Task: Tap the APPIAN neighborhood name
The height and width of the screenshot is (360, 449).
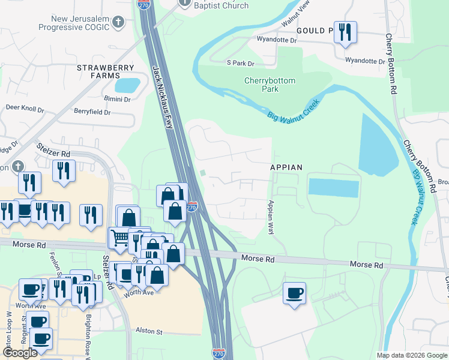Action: tap(286, 167)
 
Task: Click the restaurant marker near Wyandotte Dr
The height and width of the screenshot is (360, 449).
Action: tap(345, 31)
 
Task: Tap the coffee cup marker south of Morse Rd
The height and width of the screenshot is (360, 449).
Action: tap(294, 293)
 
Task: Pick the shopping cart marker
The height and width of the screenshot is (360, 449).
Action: tap(119, 238)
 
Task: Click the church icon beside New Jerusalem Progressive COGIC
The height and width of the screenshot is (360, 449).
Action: tap(119, 22)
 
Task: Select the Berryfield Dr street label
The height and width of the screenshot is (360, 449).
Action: tap(92, 112)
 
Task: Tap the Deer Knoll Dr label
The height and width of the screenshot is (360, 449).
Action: tap(25, 109)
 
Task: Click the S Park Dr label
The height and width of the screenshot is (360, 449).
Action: tap(240, 63)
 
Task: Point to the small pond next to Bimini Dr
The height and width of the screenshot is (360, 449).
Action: tap(127, 85)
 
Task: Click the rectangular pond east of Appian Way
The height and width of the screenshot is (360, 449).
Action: tap(333, 187)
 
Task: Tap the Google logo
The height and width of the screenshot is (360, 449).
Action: tap(20, 353)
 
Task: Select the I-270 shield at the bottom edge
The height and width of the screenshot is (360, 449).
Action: tap(220, 354)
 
